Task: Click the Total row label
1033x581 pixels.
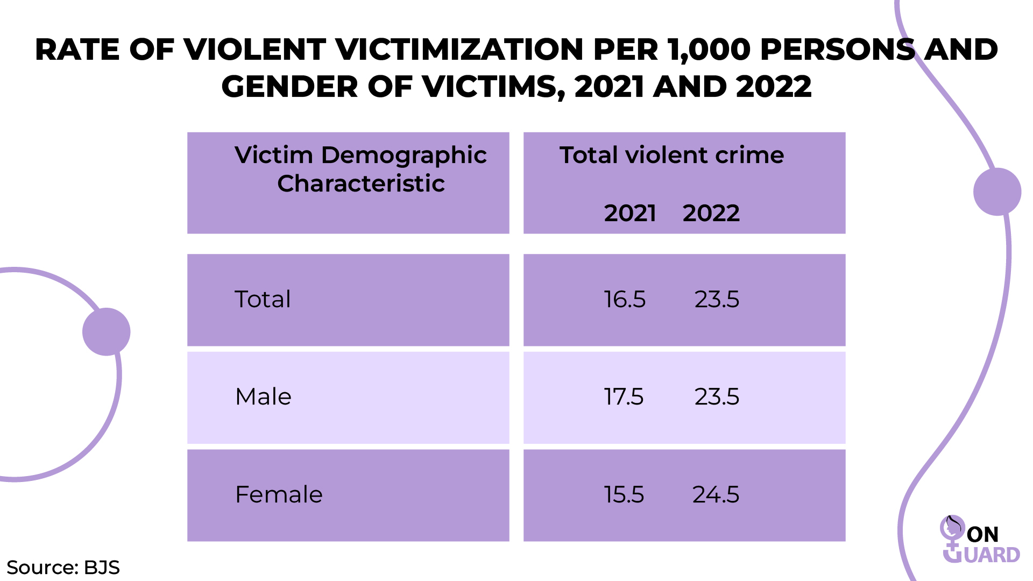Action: tap(263, 300)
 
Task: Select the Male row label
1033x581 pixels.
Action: tap(263, 397)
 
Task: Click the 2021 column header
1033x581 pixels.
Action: tap(629, 214)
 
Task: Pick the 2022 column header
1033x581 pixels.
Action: tap(711, 214)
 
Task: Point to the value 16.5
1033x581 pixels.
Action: tap(624, 300)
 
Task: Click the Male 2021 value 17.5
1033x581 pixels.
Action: tap(623, 397)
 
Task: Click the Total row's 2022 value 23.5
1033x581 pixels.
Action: tap(717, 300)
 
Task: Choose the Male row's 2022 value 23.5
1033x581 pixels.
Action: tap(717, 397)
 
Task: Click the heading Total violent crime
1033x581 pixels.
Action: tap(671, 155)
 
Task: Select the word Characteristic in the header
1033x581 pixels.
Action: tap(360, 184)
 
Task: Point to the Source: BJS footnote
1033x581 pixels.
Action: tap(63, 568)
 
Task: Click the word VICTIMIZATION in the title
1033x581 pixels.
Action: tap(459, 50)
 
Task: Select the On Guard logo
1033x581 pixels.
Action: tap(979, 541)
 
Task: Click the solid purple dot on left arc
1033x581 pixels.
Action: tap(107, 331)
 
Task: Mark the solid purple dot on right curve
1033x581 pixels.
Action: tap(997, 192)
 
